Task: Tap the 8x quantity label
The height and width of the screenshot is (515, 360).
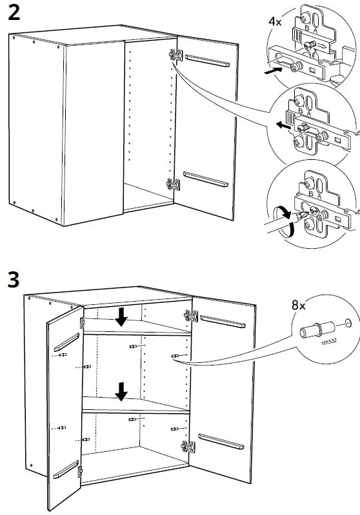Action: click(x=298, y=305)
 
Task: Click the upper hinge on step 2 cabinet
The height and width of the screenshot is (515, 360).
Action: click(x=174, y=56)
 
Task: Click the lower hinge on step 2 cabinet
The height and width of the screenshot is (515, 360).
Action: click(x=172, y=184)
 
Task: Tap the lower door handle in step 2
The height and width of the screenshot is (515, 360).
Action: click(x=206, y=179)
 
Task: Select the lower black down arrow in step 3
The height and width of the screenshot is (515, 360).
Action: click(x=120, y=391)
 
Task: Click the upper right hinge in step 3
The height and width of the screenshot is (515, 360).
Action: click(x=191, y=316)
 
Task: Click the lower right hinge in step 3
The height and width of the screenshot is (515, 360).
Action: click(x=188, y=445)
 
